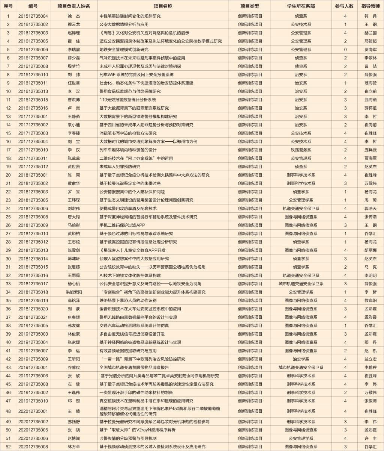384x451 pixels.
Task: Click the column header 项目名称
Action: click(163, 6)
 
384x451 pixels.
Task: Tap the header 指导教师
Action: click(370, 6)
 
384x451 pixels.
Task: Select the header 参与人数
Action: click(345, 6)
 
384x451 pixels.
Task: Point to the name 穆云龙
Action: click(74, 24)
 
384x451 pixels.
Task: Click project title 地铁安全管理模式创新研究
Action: click(124, 50)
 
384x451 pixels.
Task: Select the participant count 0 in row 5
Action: click(345, 50)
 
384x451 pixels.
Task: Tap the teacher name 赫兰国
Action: click(370, 33)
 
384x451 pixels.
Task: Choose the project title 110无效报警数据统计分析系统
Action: click(127, 100)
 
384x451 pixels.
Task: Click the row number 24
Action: click(8, 208)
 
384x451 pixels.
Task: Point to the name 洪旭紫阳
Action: click(74, 292)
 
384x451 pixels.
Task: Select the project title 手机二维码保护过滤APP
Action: click(122, 225)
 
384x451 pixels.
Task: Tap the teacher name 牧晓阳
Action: click(370, 300)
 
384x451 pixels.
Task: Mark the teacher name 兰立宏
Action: click(370, 359)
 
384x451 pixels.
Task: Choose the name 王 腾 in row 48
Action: click(74, 411)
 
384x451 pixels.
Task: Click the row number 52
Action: click(8, 446)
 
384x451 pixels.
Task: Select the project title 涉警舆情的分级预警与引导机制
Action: click(128, 438)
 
